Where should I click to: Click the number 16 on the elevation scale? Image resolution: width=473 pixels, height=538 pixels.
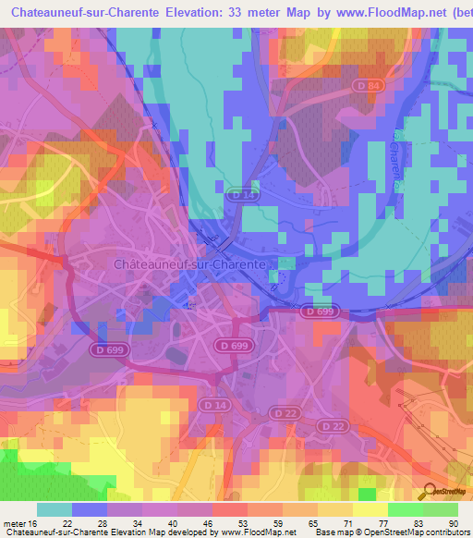pos(33,522)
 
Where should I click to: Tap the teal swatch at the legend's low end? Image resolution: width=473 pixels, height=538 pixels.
pos(55,509)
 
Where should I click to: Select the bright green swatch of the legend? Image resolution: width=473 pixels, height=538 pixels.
pos(405,509)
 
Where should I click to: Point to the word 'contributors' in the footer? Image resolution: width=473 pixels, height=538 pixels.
pos(446,532)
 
